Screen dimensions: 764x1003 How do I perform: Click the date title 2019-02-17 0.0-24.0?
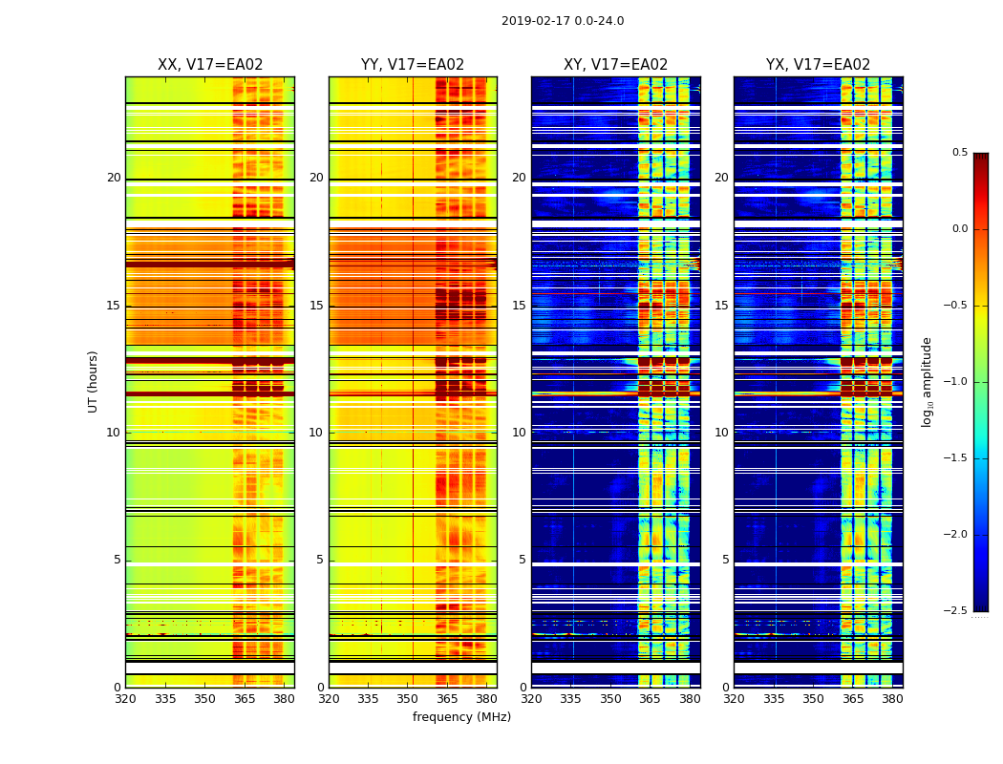pyautogui.click(x=563, y=21)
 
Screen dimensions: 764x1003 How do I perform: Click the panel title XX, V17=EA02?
pyautogui.click(x=210, y=65)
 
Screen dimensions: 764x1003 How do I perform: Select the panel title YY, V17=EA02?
pyautogui.click(x=413, y=65)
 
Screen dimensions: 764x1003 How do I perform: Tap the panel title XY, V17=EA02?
pyautogui.click(x=615, y=65)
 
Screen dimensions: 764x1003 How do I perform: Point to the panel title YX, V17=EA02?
pyautogui.click(x=818, y=65)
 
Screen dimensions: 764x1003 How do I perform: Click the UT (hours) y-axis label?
pyautogui.click(x=94, y=381)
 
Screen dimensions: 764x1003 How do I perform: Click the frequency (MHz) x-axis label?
pyautogui.click(x=461, y=717)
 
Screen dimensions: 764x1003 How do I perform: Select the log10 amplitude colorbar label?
pyautogui.click(x=927, y=381)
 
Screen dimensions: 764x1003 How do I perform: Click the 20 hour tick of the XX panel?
pyautogui.click(x=114, y=178)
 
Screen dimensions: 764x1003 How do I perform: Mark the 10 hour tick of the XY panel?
pyautogui.click(x=519, y=433)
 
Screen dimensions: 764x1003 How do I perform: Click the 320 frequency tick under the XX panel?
pyautogui.click(x=125, y=698)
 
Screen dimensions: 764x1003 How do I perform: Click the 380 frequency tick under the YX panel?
pyautogui.click(x=892, y=698)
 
